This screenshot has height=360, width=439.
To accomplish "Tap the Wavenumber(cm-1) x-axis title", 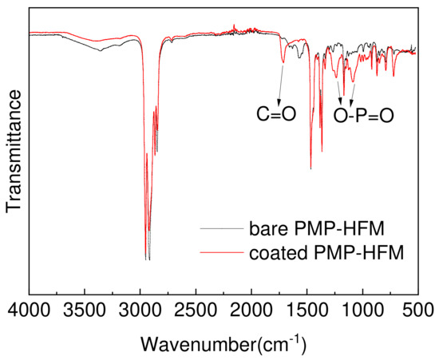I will (x=223, y=344).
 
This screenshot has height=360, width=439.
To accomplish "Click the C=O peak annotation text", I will (x=276, y=115).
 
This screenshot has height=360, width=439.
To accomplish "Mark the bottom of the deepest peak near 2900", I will (x=148, y=259).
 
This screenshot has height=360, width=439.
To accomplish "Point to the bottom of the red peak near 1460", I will (x=310, y=168).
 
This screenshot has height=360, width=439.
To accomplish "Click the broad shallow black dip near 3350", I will (x=101, y=51).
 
